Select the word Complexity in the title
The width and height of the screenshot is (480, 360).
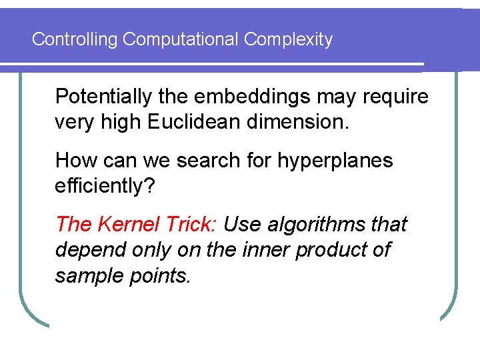[x=288, y=39]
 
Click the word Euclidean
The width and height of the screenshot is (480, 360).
[x=201, y=123]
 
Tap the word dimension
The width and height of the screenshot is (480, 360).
[x=306, y=123]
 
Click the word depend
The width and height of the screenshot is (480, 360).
[x=84, y=250]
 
